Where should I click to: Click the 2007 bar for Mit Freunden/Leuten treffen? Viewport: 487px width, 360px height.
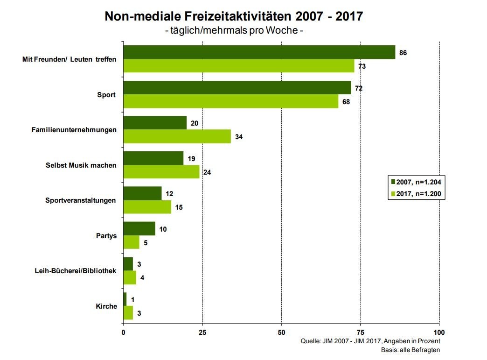coord(259,52)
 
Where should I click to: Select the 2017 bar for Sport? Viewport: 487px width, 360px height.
coord(231,101)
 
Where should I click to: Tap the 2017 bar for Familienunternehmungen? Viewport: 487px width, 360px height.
coord(177,137)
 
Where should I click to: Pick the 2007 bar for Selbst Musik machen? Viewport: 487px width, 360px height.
coord(153,158)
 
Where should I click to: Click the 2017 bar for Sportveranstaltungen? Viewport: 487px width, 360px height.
coord(147,207)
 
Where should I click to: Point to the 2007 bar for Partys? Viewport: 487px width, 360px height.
coord(139,229)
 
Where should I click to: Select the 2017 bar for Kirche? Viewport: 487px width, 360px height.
coord(128,313)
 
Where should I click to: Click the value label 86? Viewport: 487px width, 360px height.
coord(403,53)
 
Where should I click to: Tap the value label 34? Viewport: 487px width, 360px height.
coord(238,137)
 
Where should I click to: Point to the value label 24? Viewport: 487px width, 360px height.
coord(207,172)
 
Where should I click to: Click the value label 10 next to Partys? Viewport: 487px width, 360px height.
coord(163,229)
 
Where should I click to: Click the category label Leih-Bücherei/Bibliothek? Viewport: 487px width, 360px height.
coord(76,271)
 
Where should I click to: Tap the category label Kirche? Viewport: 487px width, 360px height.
coord(106,306)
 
